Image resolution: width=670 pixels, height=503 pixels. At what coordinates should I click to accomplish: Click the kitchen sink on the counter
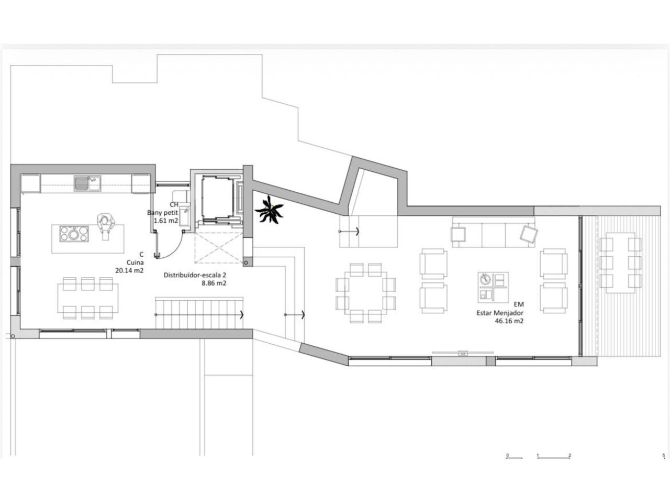click(x=87, y=183)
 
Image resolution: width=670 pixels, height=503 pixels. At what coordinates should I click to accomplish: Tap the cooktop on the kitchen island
click(x=74, y=234)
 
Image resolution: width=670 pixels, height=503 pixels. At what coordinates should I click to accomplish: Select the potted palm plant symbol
click(x=269, y=210)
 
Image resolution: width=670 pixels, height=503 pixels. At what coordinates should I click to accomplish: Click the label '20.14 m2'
click(x=129, y=270)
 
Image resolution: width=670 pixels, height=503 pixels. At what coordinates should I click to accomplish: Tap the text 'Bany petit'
click(x=162, y=213)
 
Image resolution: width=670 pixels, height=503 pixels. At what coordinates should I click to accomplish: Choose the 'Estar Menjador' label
click(x=500, y=313)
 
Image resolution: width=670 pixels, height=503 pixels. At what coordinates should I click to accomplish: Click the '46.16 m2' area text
click(x=509, y=321)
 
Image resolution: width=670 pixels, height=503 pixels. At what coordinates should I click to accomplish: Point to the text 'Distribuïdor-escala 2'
click(x=195, y=275)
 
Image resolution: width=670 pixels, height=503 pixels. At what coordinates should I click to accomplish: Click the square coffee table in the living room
click(x=493, y=287)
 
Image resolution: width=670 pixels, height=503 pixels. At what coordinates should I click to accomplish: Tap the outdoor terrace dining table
click(x=620, y=263)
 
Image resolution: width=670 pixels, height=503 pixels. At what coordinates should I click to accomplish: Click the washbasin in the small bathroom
click(x=185, y=216)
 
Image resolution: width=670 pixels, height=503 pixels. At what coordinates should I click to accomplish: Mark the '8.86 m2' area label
click(x=214, y=283)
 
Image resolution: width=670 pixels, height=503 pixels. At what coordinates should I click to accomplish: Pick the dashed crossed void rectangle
click(x=219, y=248)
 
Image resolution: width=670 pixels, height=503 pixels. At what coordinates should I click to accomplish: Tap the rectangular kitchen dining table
click(x=88, y=298)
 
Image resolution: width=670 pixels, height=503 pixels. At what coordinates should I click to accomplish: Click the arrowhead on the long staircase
click(x=242, y=314)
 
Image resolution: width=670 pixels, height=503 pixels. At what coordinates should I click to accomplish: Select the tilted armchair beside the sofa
click(x=528, y=234)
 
